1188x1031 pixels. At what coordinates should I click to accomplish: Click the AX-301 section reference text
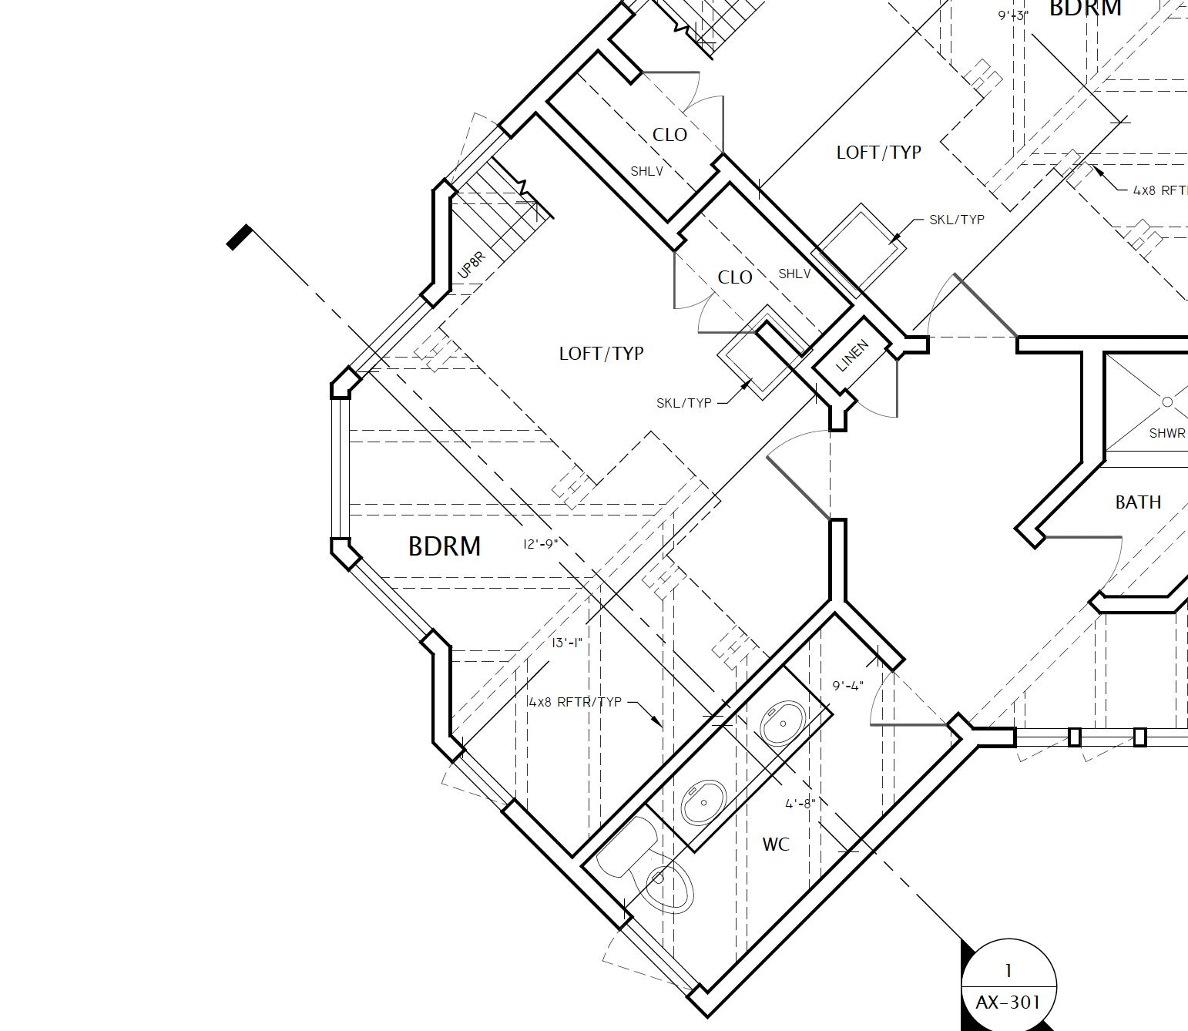click(x=1008, y=1002)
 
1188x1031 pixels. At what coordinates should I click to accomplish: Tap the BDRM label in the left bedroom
click(x=445, y=546)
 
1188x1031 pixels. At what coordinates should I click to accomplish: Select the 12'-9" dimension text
click(x=540, y=544)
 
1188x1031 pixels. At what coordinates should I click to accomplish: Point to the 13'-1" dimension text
click(x=566, y=643)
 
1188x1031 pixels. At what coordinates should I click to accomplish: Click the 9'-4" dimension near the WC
click(x=847, y=686)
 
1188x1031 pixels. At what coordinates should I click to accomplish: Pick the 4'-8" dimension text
click(x=800, y=804)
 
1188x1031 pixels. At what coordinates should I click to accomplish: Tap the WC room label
click(x=776, y=844)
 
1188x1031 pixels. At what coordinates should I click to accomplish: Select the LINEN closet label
click(x=852, y=355)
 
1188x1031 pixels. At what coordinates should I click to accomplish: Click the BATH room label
click(x=1138, y=502)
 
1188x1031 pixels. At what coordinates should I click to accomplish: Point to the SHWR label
click(x=1167, y=433)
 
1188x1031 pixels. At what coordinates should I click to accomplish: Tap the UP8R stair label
click(x=471, y=265)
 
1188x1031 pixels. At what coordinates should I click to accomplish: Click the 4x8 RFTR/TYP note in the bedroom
click(x=575, y=702)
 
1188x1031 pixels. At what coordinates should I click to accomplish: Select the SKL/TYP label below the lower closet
click(x=683, y=403)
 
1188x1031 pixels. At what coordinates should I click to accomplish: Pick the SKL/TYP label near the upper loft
click(x=956, y=220)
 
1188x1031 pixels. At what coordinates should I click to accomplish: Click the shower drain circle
click(x=1167, y=401)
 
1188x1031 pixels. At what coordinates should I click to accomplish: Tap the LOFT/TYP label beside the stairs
click(x=601, y=354)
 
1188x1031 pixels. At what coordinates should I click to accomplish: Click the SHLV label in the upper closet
click(x=647, y=171)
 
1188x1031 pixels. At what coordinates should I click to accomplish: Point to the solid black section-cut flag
click(x=240, y=237)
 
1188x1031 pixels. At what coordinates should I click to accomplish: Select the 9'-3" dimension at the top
click(x=1013, y=15)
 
